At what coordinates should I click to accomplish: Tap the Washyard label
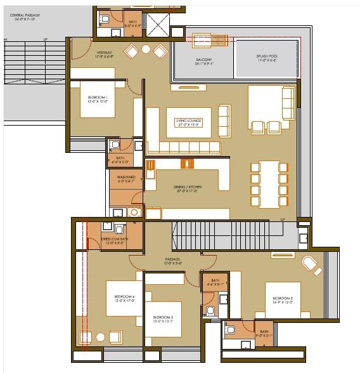(125, 180)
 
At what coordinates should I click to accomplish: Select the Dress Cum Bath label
(114, 242)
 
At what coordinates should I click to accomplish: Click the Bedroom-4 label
(124, 299)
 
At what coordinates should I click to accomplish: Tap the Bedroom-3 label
(163, 319)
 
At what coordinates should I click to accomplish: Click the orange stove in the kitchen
(187, 164)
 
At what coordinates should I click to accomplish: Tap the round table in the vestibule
(146, 49)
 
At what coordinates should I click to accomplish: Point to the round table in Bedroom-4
(99, 337)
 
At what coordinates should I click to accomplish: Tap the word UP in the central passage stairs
(45, 40)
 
